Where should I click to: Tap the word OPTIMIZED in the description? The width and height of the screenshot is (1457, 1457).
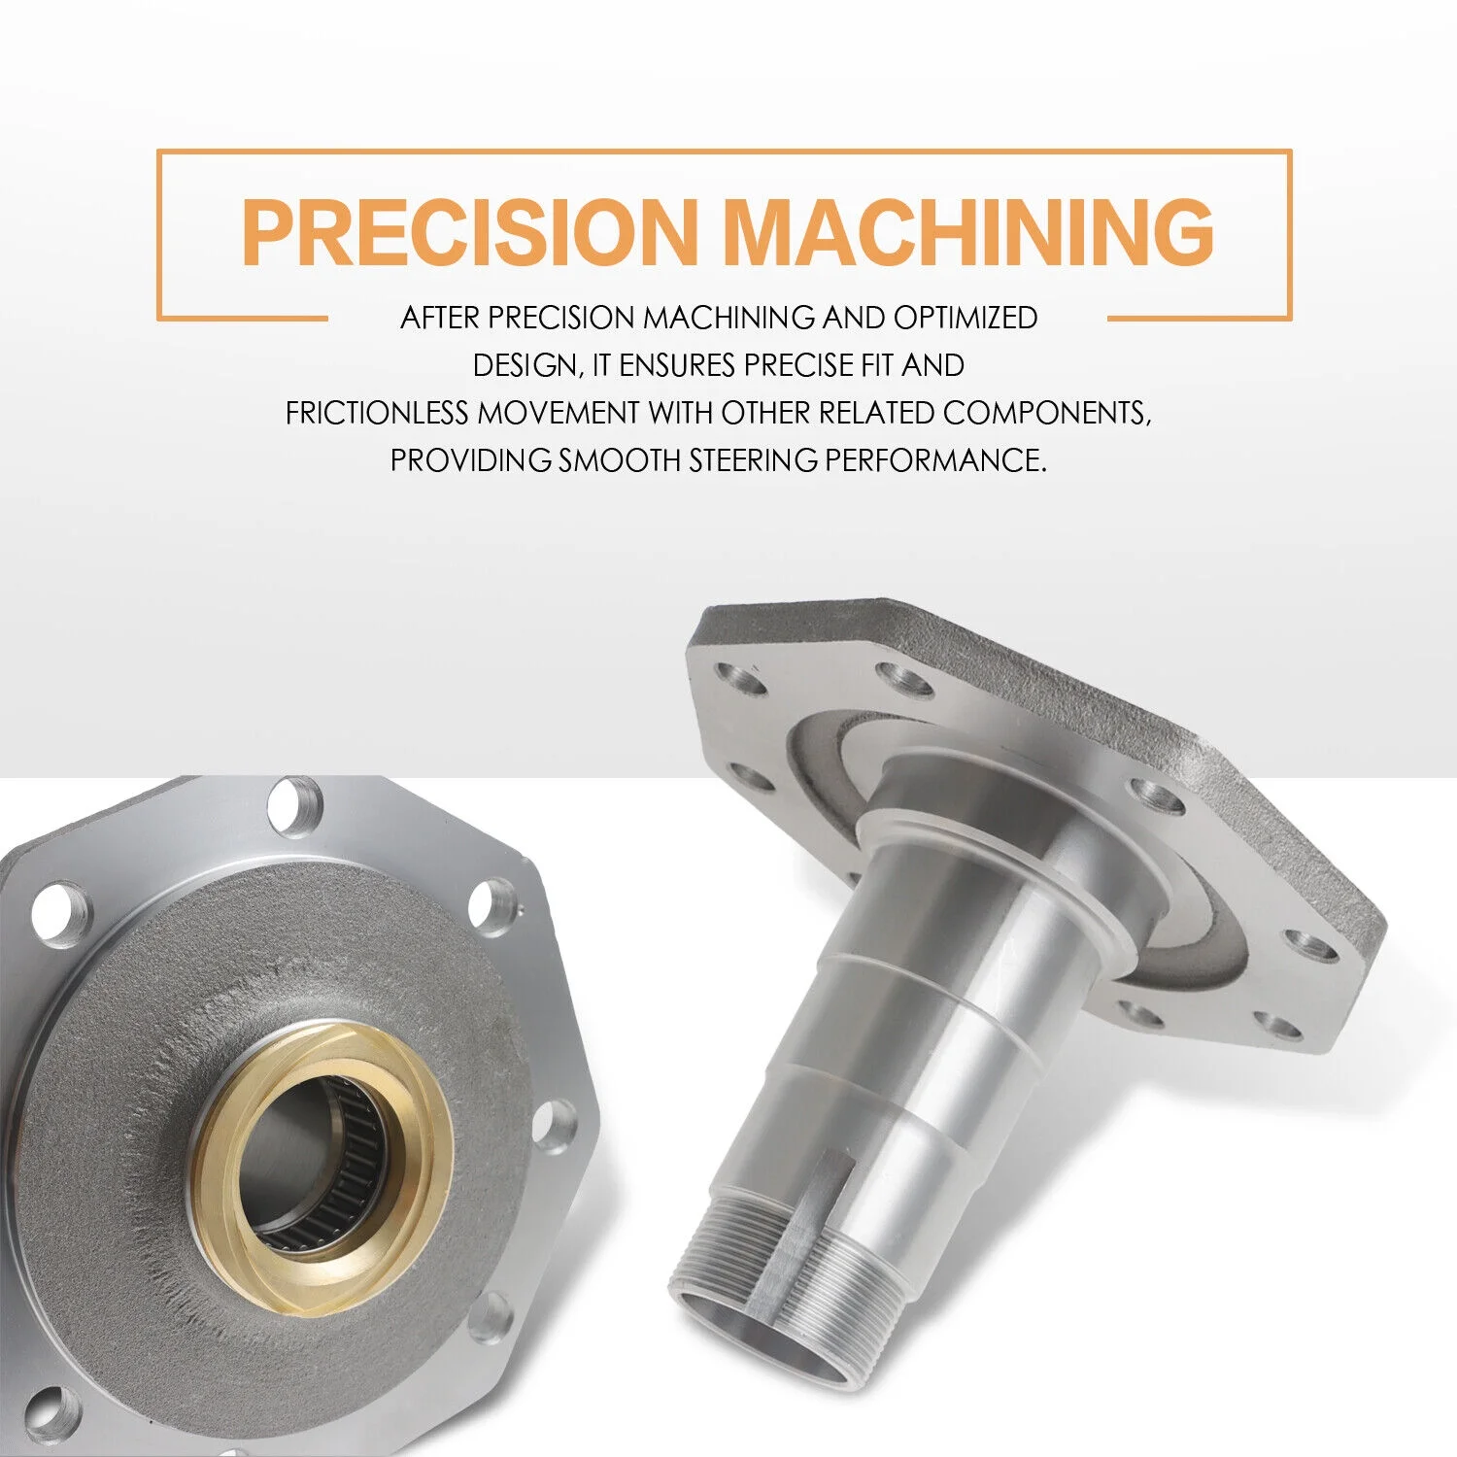coord(966,318)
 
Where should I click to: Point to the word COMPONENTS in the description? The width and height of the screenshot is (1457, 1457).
coord(1047,413)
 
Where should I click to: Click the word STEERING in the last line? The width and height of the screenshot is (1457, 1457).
coord(754,459)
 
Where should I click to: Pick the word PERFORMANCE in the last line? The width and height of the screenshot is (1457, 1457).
coord(936,459)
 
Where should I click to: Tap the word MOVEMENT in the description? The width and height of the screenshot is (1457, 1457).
coord(558,413)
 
